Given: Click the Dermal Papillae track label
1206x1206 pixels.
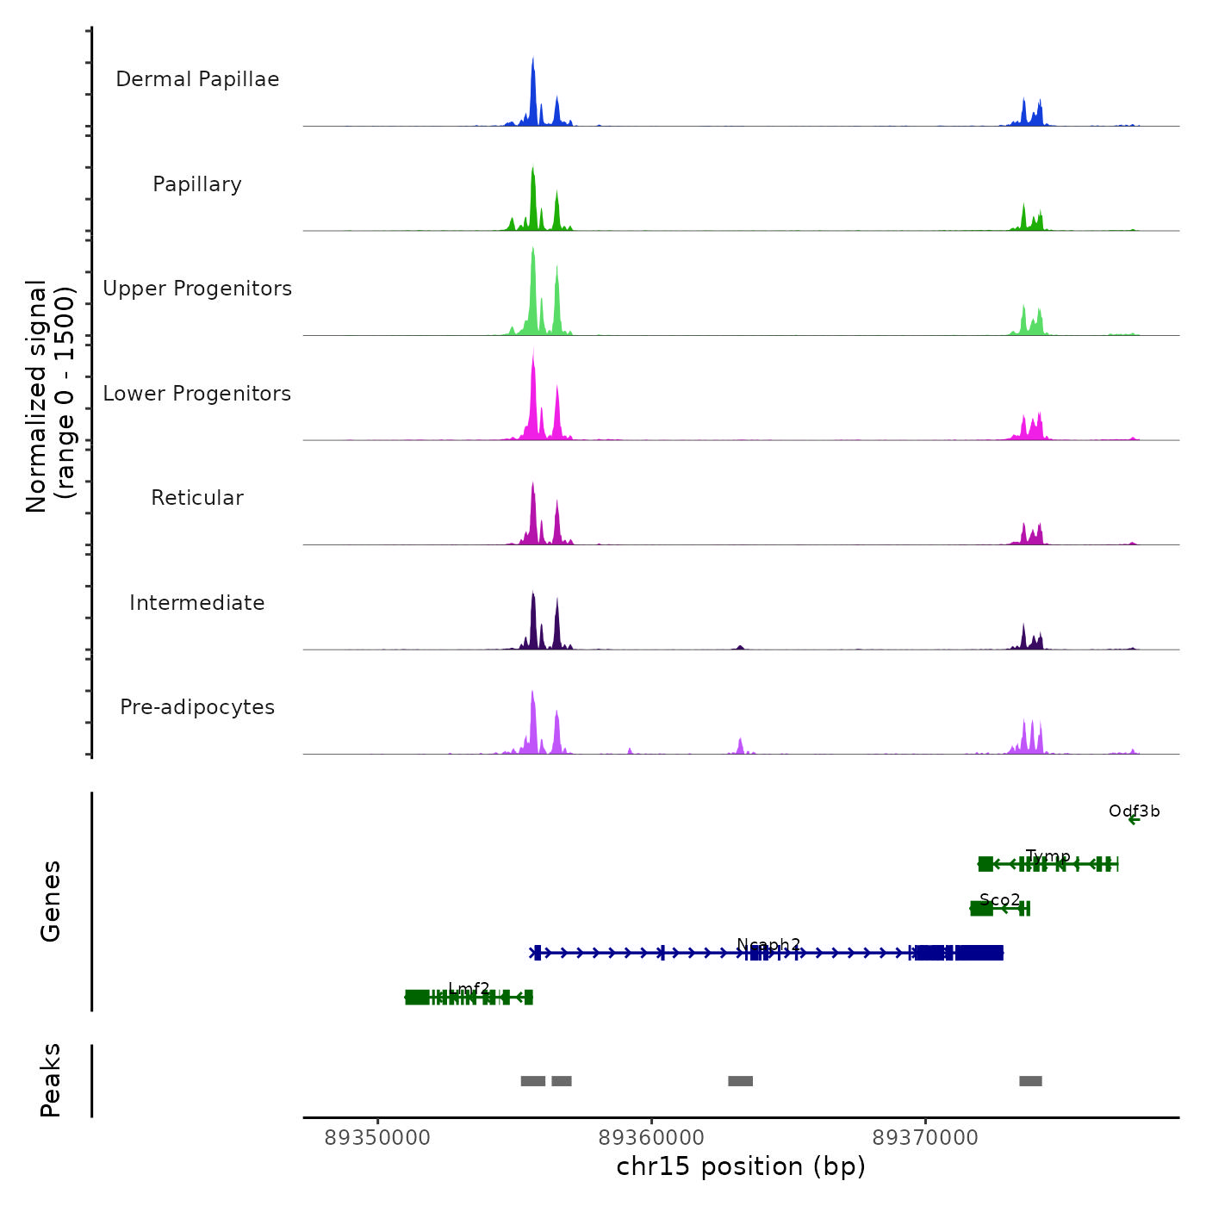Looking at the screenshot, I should coord(197,79).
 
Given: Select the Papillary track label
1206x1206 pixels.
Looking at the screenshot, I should coord(197,184).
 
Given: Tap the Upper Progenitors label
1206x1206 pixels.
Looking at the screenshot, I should coord(197,289).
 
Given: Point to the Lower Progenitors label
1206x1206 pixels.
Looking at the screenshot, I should coord(197,394).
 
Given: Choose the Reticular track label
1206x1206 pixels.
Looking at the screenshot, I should coord(197,498).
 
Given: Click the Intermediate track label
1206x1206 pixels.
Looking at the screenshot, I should coord(197,603).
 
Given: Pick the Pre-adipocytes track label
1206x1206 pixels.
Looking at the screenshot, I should coord(197,707).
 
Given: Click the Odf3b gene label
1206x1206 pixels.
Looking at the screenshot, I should coord(1134,811).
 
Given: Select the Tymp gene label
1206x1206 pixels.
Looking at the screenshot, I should coord(1047,856).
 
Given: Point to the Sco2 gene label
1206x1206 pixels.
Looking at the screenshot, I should coord(999,900).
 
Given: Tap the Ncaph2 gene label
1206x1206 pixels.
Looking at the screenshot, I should coord(768,945).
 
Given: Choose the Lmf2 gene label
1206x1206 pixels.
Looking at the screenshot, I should coord(469,989).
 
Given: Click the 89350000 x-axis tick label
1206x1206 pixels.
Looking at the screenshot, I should coord(377,1138).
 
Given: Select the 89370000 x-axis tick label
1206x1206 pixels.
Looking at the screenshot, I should coord(925,1138).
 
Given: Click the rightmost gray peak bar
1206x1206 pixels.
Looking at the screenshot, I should coord(1030,1081).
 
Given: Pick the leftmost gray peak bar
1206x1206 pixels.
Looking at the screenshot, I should coord(533,1081).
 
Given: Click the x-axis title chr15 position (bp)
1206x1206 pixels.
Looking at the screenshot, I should coord(741,1166).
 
